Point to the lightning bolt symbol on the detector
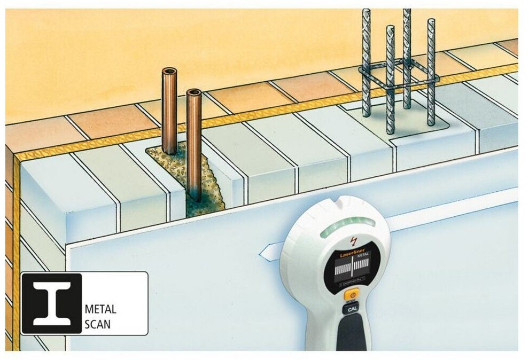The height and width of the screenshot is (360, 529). click(x=351, y=239)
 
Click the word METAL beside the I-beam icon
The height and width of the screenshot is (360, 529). click(x=100, y=309)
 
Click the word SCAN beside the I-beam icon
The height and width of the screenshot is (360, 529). click(x=98, y=324)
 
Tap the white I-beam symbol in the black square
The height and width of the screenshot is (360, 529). click(x=51, y=304)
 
